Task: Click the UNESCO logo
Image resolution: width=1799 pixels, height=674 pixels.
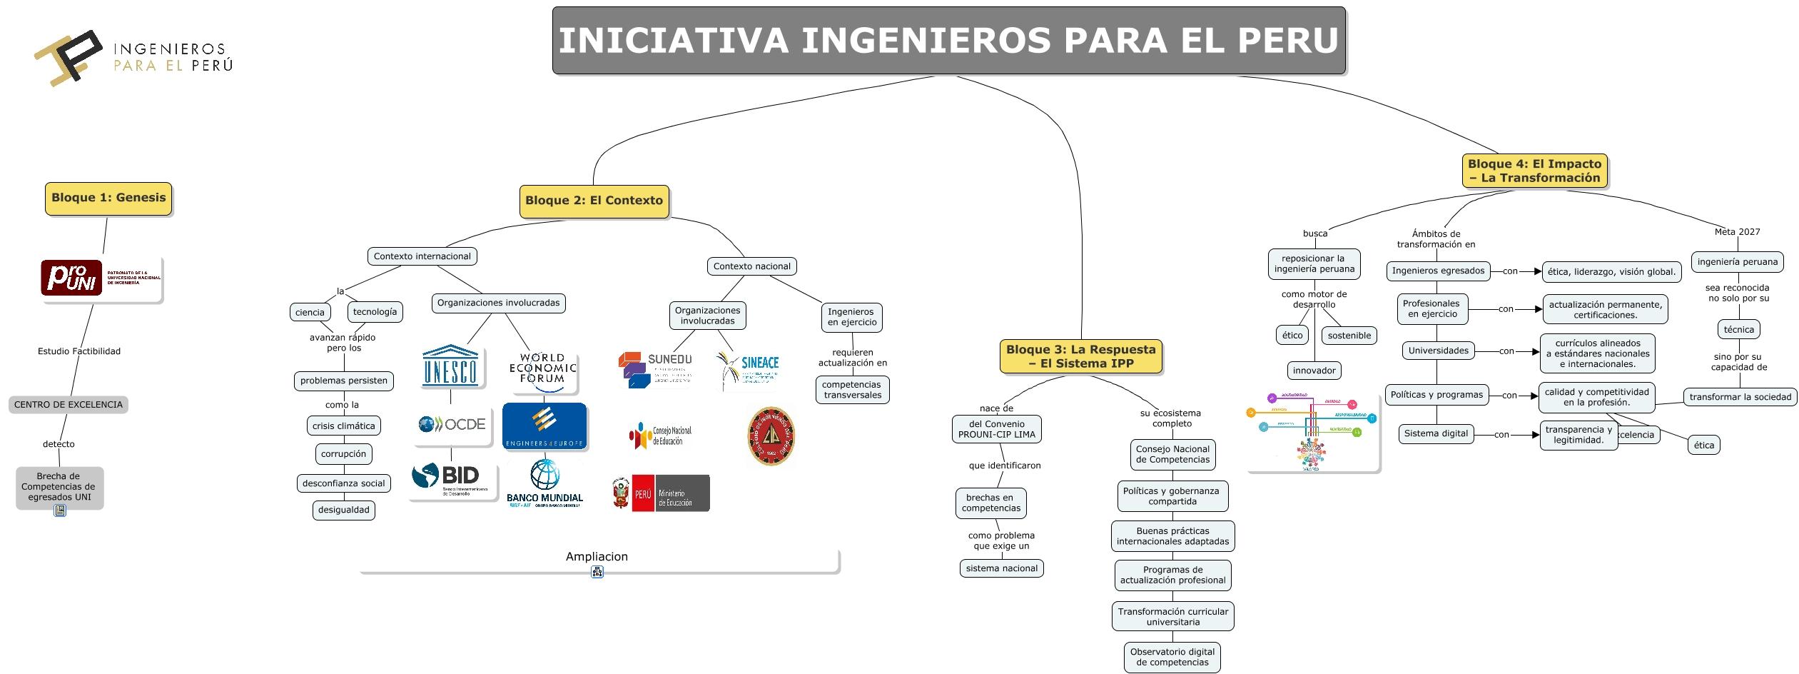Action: tap(450, 367)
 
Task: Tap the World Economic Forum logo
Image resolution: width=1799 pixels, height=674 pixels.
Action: tap(543, 370)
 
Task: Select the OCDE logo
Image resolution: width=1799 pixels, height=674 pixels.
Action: tap(452, 425)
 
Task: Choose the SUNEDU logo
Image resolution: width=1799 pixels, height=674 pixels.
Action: tap(656, 369)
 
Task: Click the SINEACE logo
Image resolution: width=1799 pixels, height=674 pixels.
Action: tap(748, 368)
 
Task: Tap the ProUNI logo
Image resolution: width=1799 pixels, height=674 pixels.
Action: tap(101, 278)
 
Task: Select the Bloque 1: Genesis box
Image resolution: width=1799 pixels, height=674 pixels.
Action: tap(108, 198)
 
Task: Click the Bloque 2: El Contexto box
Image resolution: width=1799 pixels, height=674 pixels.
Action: tap(594, 201)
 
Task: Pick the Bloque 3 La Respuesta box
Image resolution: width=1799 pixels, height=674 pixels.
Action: tap(1080, 356)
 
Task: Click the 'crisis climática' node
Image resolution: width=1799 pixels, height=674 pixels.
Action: tap(343, 426)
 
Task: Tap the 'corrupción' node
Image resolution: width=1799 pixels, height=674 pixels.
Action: tap(343, 454)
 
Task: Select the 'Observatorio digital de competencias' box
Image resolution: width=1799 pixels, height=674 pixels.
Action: tap(1172, 658)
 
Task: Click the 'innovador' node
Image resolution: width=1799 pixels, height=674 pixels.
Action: tap(1314, 371)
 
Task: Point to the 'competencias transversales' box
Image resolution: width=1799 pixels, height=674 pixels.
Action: tap(852, 390)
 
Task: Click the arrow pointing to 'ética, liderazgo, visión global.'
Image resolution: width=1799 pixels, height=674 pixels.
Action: tap(1535, 271)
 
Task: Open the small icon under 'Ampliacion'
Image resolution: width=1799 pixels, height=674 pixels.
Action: tap(597, 572)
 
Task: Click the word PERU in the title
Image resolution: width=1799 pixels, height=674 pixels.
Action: tap(1287, 41)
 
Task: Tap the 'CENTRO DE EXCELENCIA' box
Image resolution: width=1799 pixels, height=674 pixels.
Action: tap(69, 405)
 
